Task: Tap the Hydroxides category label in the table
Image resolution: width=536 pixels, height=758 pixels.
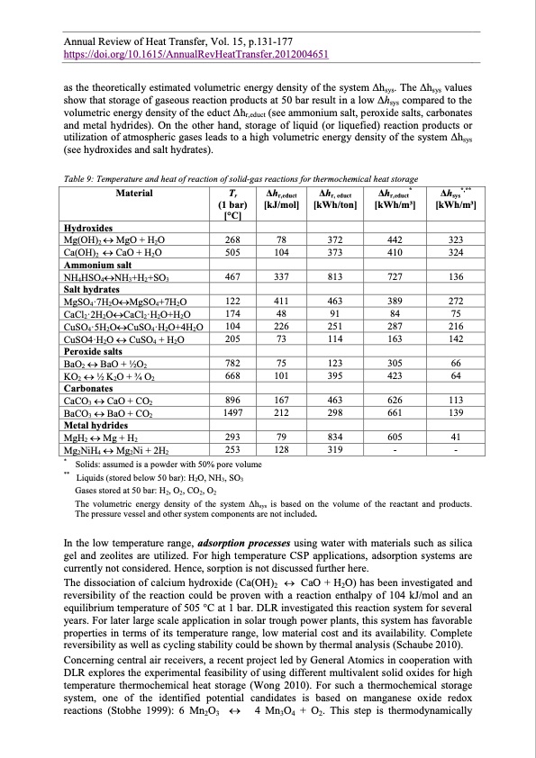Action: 88,230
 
